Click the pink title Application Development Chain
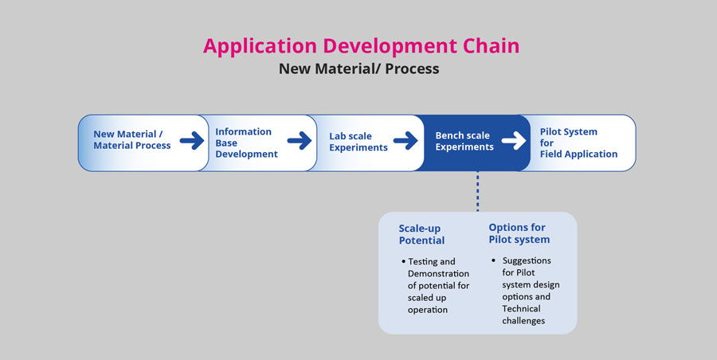tap(361, 46)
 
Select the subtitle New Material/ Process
tap(359, 68)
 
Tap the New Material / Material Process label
tap(132, 139)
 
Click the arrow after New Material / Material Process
tap(192, 140)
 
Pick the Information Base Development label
tap(246, 143)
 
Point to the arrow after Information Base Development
tap(300, 140)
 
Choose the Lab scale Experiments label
tap(358, 142)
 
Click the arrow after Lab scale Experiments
tap(406, 140)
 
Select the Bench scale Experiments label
tap(464, 141)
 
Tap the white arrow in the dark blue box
tap(514, 140)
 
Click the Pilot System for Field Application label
tap(578, 143)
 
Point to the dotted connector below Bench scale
tap(478, 191)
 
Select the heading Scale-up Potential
tap(421, 235)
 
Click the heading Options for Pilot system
tap(519, 233)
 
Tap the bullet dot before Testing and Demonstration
tap(404, 262)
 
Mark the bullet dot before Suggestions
tap(494, 260)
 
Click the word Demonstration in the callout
tap(438, 273)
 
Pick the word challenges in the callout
tap(523, 321)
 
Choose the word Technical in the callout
tap(521, 309)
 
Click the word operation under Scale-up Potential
tap(428, 310)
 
